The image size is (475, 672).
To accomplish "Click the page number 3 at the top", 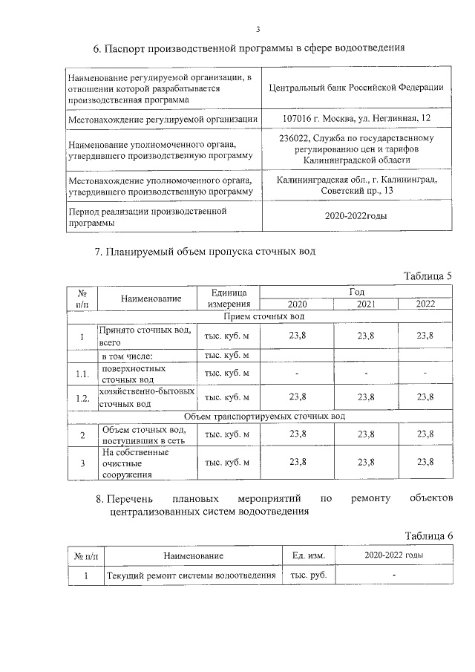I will click(x=258, y=30).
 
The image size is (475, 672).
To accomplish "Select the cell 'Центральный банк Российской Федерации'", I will click(x=357, y=87).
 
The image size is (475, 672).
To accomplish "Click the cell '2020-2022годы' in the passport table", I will click(x=357, y=216).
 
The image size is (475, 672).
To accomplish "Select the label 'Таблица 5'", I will click(x=427, y=276).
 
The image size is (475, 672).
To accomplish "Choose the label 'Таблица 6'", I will click(x=427, y=536).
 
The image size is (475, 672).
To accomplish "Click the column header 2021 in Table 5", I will click(x=366, y=304).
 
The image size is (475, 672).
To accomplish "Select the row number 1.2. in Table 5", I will click(x=82, y=398).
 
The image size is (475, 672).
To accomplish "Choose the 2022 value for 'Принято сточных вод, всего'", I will click(x=425, y=336).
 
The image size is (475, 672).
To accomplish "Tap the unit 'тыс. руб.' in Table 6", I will click(x=308, y=575).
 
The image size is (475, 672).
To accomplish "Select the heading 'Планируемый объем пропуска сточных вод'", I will click(x=205, y=251).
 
